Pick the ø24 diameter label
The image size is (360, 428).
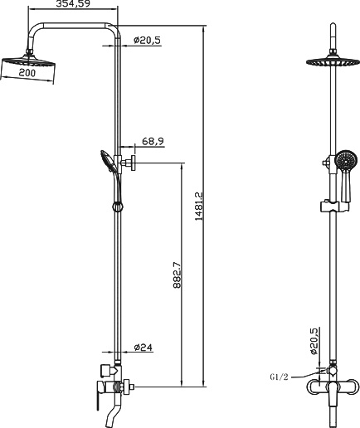tap(143, 348)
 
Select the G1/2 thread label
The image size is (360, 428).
tap(279, 377)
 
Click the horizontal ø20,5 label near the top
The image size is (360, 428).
tap(148, 39)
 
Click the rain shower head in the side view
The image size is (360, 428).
tap(30, 62)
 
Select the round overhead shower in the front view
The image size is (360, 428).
tap(333, 62)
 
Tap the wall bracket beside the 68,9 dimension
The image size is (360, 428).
tap(130, 163)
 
